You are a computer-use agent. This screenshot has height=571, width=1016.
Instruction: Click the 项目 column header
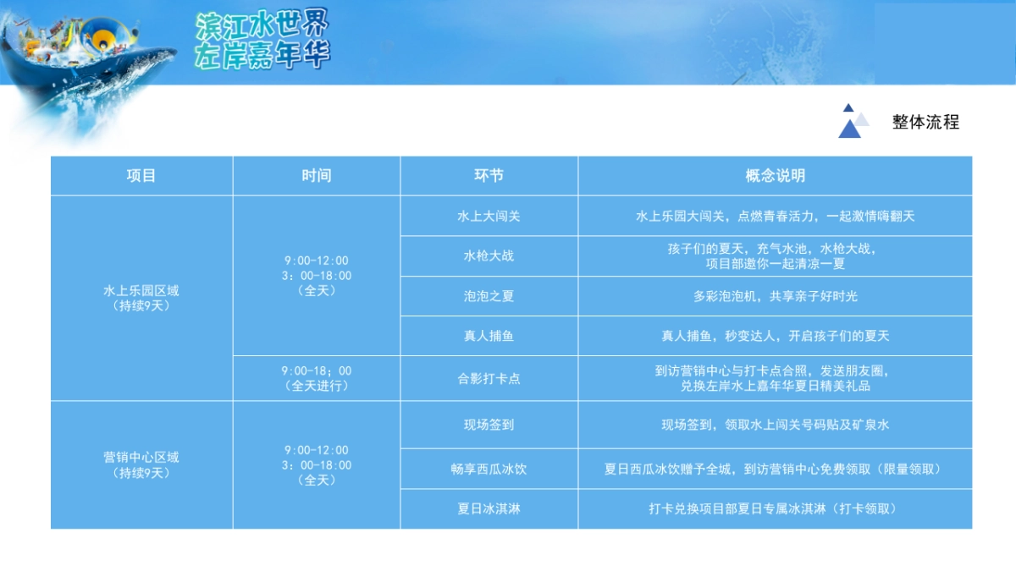click(141, 176)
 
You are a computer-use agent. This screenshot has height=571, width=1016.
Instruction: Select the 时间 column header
click(316, 176)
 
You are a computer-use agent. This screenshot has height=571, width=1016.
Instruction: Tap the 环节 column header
click(489, 176)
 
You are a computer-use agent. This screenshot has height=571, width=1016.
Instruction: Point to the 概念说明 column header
click(775, 176)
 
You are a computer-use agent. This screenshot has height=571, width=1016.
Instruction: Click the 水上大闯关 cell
click(489, 216)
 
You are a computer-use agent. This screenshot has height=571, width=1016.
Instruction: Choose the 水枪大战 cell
click(489, 255)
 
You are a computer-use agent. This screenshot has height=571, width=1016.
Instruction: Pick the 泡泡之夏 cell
click(489, 296)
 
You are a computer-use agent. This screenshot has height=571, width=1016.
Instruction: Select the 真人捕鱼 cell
click(489, 336)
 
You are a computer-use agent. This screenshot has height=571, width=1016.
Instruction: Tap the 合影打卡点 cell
click(489, 378)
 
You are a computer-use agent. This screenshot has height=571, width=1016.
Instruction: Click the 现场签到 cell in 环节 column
click(489, 426)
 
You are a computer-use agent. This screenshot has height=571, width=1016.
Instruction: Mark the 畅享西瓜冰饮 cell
click(489, 469)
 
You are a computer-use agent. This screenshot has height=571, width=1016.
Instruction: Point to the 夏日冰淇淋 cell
click(489, 509)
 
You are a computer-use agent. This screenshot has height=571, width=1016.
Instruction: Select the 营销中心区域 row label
click(141, 464)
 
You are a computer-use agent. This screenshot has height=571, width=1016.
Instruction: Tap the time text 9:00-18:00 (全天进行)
click(316, 378)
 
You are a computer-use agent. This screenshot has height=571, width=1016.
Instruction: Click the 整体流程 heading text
click(925, 122)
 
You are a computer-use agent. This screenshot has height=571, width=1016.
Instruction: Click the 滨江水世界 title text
click(261, 25)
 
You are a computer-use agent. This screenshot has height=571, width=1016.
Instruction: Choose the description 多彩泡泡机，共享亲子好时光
click(775, 296)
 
